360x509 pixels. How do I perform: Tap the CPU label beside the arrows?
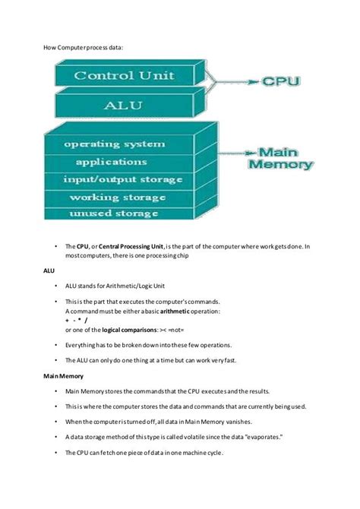point(280,80)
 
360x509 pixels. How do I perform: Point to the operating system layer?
point(125,144)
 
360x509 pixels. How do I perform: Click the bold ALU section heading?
point(49,270)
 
